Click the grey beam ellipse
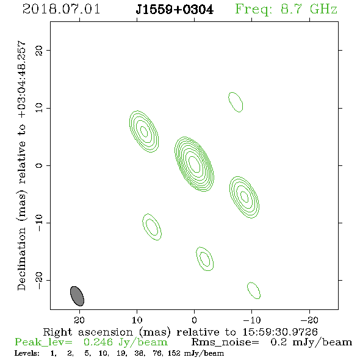pos(77,296)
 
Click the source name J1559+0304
pos(175,10)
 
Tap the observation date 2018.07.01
pos(61,9)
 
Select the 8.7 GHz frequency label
pos(309,9)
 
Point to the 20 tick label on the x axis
pos(79,320)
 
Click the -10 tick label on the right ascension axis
pos(251,320)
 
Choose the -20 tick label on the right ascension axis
pos(309,320)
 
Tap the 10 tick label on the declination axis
pos(39,108)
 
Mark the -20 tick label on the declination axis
pos(39,280)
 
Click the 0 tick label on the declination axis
pos(39,165)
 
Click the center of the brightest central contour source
pos(194,164)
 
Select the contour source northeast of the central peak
pos(144,132)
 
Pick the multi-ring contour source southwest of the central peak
pos(244,197)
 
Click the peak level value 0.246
pos(98,342)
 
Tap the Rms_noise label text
pos(225,343)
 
